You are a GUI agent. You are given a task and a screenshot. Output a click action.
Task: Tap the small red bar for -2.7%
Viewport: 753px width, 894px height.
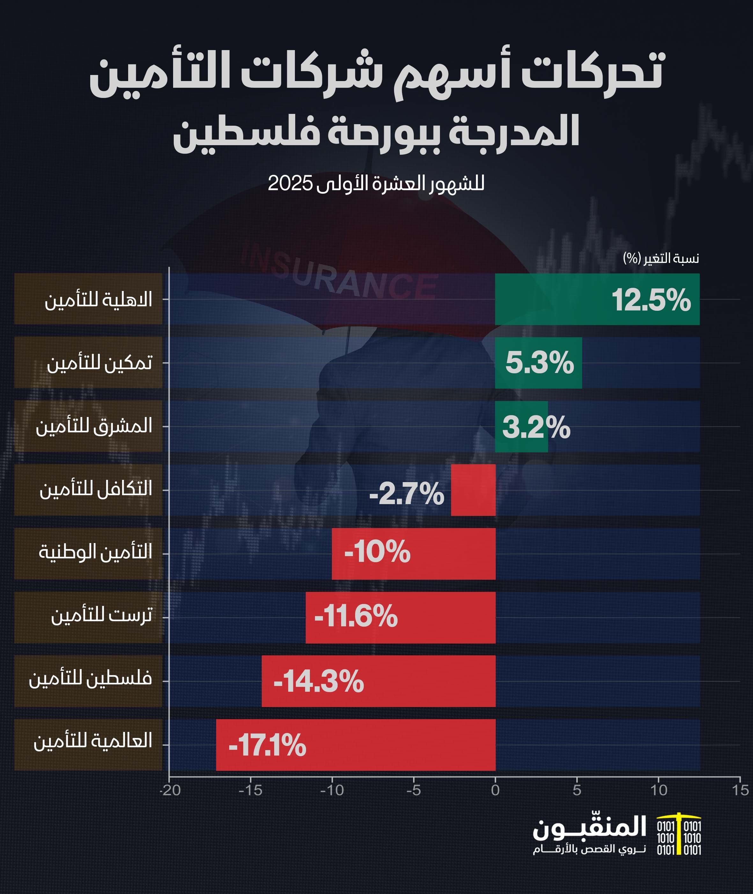(x=473, y=490)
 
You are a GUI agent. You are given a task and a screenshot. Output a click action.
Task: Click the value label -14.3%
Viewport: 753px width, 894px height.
(x=318, y=681)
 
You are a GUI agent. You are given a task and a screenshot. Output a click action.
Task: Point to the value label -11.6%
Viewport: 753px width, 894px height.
(x=355, y=617)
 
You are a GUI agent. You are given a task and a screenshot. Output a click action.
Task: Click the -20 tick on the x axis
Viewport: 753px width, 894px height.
(x=170, y=790)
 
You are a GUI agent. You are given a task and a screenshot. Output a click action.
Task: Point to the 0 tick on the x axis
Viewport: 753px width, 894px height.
(x=495, y=790)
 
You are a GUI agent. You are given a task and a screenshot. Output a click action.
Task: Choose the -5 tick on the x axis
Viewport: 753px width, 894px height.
(x=413, y=790)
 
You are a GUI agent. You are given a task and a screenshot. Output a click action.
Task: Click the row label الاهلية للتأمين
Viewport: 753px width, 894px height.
(x=98, y=299)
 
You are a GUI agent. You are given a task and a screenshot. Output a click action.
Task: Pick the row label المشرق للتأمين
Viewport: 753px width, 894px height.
(x=94, y=426)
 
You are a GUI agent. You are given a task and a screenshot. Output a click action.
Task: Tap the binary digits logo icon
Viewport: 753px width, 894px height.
(x=679, y=838)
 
